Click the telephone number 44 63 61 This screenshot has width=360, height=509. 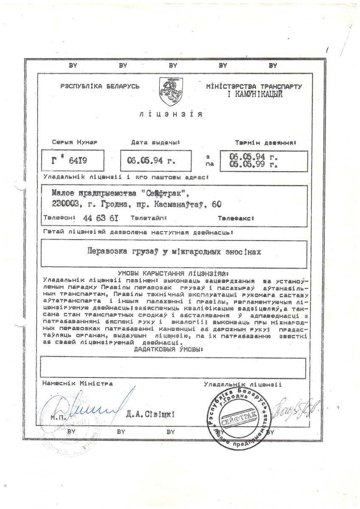pos(98,218)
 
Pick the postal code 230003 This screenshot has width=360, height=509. pos(64,204)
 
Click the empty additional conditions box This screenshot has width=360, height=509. pos(173,367)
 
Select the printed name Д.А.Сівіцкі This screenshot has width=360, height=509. pos(150,414)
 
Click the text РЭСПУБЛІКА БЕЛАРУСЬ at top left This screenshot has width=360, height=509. pos(100,87)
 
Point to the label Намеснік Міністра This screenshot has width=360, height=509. pos(78,383)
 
